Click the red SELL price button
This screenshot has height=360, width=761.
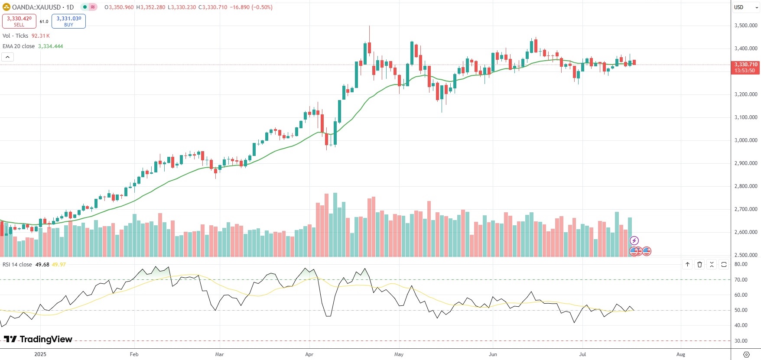[x=19, y=21]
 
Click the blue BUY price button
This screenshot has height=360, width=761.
[x=68, y=21]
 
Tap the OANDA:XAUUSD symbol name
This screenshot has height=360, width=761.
[x=36, y=7]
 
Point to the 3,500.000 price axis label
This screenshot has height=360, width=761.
[x=745, y=26]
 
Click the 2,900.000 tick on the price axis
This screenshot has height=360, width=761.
[x=745, y=163]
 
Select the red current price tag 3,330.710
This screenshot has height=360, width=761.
[x=745, y=68]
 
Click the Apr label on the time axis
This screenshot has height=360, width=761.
[x=309, y=354]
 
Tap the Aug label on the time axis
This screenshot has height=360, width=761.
[x=680, y=354]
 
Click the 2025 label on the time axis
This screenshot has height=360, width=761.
[x=40, y=354]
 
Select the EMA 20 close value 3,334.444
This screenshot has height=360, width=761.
[x=50, y=46]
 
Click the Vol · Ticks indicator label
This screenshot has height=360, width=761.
[x=15, y=36]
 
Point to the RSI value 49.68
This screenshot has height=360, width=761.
[x=42, y=265]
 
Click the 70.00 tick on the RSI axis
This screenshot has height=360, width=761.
[x=741, y=280]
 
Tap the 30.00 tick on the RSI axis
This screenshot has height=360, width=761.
[x=741, y=341]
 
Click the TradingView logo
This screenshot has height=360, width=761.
[x=38, y=339]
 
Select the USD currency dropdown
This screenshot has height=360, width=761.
[x=745, y=7]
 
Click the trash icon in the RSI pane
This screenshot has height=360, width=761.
[x=699, y=264]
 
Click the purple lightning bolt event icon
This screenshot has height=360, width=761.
[x=634, y=241]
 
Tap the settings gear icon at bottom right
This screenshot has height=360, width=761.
[x=746, y=354]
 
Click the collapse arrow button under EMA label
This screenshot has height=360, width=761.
[x=7, y=57]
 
